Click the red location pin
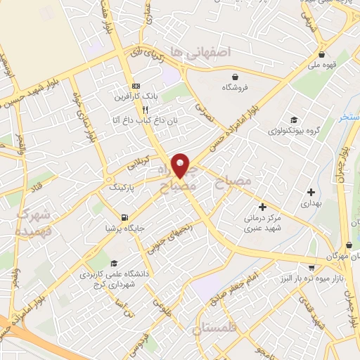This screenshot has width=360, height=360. coord(181,165)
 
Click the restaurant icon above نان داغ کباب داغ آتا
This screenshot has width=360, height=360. coord(144,110)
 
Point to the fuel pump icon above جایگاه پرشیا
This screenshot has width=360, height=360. coord(124,217)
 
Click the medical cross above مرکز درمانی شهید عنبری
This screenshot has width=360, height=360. coord(262,207)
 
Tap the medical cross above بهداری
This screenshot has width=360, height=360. coord(311,192)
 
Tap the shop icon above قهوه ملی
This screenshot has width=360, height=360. coord(321,55)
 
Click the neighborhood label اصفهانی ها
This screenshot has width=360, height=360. coord(205,52)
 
